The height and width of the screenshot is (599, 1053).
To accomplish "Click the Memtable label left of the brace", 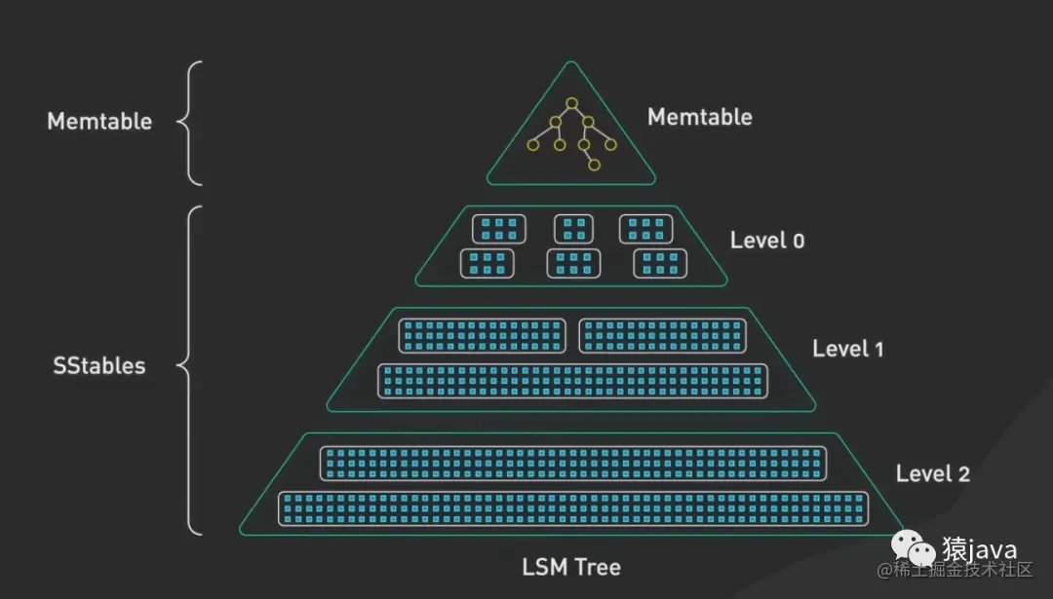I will pos(99,122).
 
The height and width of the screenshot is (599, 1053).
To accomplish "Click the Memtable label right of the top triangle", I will pos(699,117).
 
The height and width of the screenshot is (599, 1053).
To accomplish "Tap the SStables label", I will pos(98,366).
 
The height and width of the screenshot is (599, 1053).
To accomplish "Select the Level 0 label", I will pos(767,240).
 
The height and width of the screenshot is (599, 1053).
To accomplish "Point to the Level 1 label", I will pos(847,348).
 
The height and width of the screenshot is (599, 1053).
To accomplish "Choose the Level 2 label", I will pos(932,473).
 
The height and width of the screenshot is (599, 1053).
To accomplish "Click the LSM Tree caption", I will pos(571,567).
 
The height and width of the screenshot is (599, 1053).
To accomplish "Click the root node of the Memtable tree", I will pos(572,103).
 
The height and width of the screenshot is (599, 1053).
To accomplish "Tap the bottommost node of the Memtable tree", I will pos(593,166).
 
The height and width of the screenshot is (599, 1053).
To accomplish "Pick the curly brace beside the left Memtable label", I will pos(189,123).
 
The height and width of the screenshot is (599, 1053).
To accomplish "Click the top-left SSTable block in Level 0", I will pos(499,229).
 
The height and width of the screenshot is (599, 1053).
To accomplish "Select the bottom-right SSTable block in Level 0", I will pos(660,263).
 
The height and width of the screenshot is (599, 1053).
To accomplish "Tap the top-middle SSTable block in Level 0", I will pos(574,229).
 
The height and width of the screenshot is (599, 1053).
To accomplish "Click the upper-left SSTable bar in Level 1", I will pos(483,335).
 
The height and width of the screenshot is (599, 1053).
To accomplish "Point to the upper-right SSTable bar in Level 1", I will pos(664,335).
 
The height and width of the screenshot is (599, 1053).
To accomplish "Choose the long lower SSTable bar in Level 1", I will pos(572,381).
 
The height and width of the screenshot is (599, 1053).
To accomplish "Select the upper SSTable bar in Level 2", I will pos(573,463).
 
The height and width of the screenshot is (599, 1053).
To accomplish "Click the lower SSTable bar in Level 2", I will pos(572,508).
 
